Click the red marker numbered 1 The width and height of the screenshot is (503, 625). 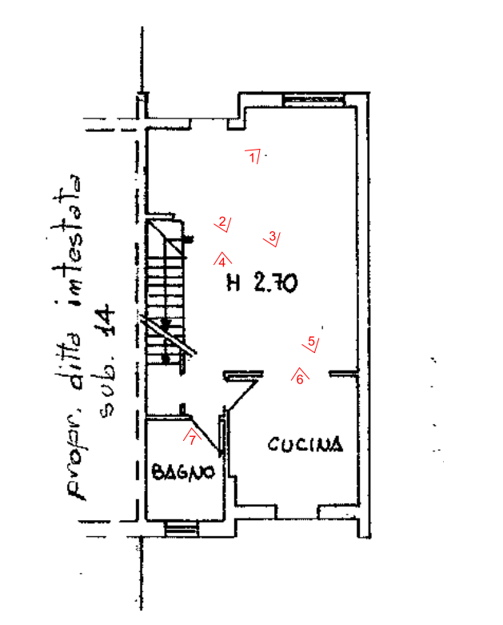tap(253, 156)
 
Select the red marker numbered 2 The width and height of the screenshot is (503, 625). tap(222, 223)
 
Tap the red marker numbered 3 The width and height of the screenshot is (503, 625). tap(272, 238)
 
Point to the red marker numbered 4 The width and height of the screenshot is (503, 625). tap(222, 260)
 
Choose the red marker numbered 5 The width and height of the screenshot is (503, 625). tap(311, 343)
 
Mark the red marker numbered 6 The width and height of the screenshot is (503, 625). tap(300, 377)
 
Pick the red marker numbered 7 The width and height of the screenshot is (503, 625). tap(193, 438)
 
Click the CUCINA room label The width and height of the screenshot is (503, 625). tap(305, 444)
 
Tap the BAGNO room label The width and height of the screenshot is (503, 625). tap(183, 472)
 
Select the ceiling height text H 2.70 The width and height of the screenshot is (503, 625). tap(262, 282)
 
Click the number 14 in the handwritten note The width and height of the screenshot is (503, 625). tap(106, 319)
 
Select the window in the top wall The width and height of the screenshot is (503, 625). tap(314, 99)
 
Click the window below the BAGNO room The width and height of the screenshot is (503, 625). tap(182, 529)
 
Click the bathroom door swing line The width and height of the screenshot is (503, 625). tap(205, 435)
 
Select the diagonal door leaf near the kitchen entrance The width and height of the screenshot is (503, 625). tap(242, 395)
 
